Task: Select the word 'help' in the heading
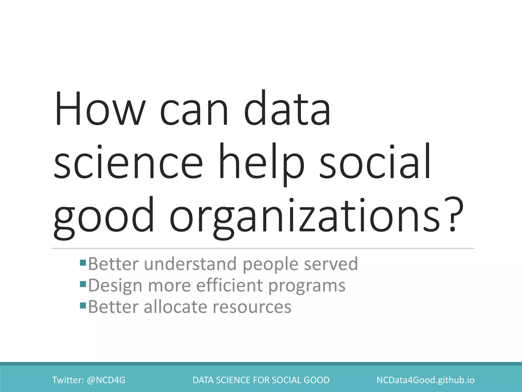point(262,162)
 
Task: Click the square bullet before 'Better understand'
point(83,263)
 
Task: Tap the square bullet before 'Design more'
point(83,284)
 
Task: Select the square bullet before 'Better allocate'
point(83,305)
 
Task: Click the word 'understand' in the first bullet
point(190,264)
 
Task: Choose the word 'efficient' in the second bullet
point(229,285)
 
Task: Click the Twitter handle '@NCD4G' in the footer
point(106,380)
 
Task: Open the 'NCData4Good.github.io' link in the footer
point(425,380)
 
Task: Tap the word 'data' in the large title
point(287,108)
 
